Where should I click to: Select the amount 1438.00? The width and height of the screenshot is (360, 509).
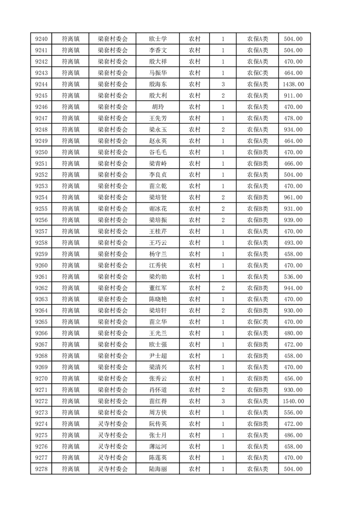(x=293, y=84)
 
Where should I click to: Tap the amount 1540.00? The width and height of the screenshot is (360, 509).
(x=293, y=401)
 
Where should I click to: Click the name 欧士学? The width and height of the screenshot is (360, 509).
(x=158, y=39)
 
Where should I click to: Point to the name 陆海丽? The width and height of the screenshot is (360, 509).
(x=158, y=469)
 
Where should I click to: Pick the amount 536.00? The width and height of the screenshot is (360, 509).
(x=293, y=277)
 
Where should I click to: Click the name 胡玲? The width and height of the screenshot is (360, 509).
(x=158, y=107)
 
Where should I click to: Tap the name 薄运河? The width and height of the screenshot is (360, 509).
(x=158, y=446)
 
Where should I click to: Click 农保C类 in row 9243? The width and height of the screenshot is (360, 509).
(x=257, y=73)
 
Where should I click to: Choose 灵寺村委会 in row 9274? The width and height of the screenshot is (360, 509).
(x=113, y=424)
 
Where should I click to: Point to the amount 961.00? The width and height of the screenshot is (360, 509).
(x=293, y=197)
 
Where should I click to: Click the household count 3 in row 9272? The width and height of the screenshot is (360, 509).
(x=223, y=401)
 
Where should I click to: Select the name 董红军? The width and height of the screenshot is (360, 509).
(x=158, y=288)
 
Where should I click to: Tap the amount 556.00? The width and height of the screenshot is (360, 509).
(x=293, y=412)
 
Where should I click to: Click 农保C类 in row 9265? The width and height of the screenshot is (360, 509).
(x=257, y=322)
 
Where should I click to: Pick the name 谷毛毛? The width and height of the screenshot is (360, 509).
(x=158, y=152)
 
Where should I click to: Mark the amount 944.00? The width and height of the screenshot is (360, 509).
(x=293, y=288)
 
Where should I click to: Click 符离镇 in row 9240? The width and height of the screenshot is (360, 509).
(x=70, y=39)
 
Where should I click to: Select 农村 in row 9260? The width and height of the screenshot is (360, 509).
(x=195, y=265)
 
